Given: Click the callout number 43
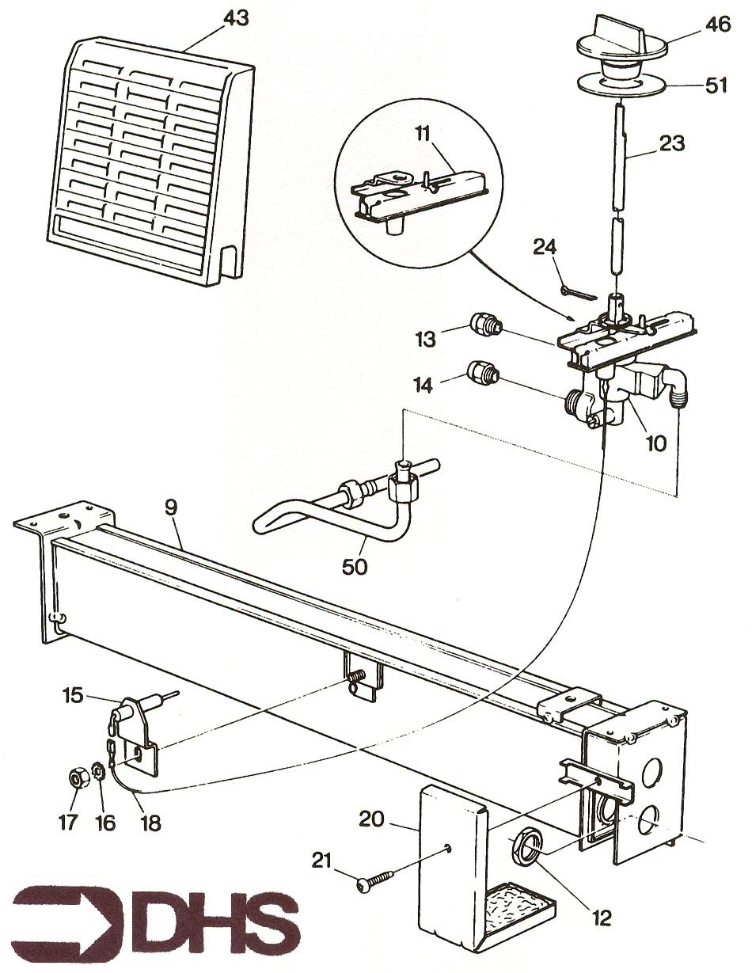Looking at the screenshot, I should pos(236,18).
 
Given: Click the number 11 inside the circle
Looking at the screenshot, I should pos(421,134).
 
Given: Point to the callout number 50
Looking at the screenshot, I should pos(355,567).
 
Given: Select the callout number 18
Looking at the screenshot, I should pos(150,823).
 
